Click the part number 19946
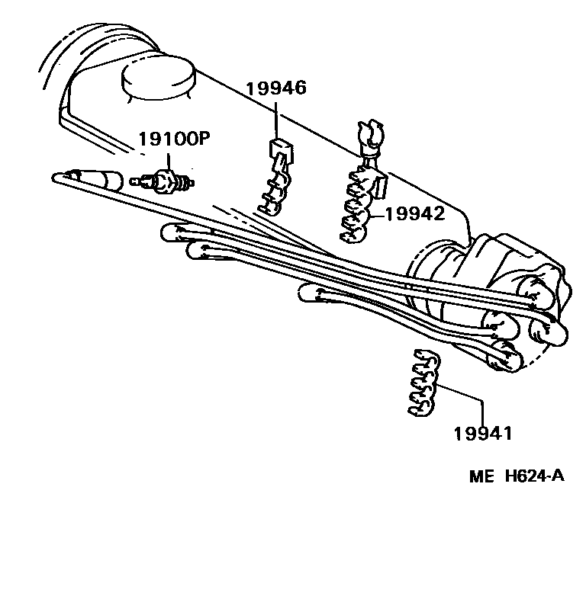pos(275,88)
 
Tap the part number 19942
pos(414,214)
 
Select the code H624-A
pos(534,477)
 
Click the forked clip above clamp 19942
pos(369,137)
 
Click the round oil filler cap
pos(159,78)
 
